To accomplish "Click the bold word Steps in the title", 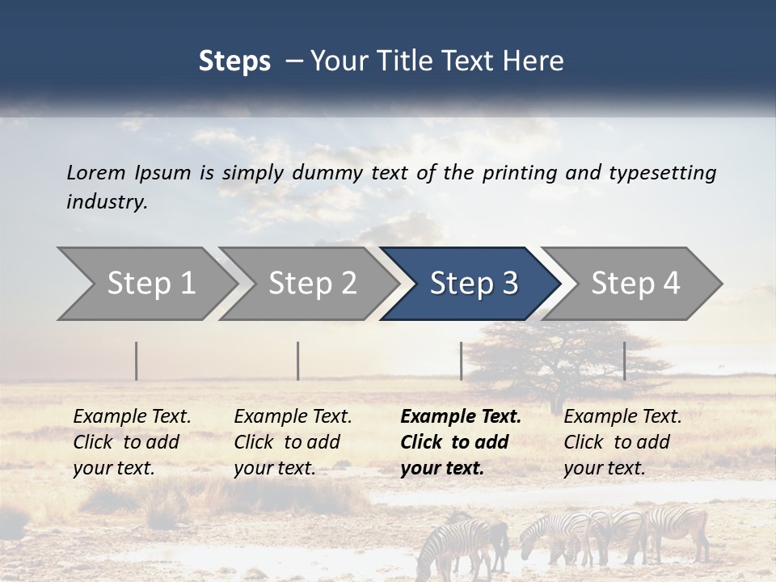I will [x=234, y=61].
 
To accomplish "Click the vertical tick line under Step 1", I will [x=137, y=361].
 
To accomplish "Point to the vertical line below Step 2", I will [x=298, y=361].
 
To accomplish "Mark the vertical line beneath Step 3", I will [x=462, y=361].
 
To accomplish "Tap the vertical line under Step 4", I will [x=625, y=361].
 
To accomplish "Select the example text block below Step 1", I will [x=132, y=442].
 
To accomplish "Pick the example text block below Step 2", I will [x=293, y=442].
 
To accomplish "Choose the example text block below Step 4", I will [x=622, y=442].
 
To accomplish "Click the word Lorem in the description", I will [x=96, y=172].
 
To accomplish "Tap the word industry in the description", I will [x=107, y=202].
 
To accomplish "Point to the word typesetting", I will [x=662, y=173].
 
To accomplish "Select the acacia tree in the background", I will [x=550, y=356].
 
